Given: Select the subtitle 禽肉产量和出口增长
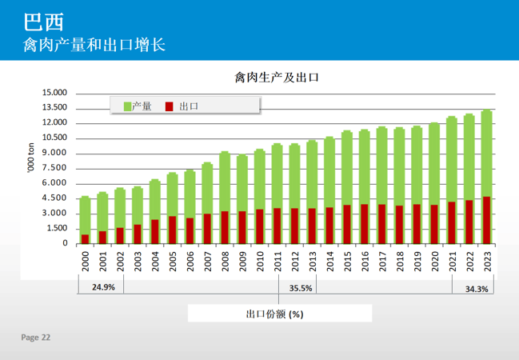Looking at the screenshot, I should (x=94, y=44).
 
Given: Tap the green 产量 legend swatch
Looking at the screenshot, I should (x=127, y=106).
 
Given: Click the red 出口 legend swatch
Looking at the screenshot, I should (x=169, y=106).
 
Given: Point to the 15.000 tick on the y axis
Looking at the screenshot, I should (x=55, y=93).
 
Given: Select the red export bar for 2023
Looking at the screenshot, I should (x=486, y=220).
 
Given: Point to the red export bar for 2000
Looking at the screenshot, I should (x=86, y=238).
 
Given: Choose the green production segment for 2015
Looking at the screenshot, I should (x=347, y=168).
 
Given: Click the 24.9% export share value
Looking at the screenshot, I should (x=103, y=287).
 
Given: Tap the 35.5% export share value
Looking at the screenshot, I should (x=301, y=287).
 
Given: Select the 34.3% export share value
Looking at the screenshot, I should (x=477, y=289).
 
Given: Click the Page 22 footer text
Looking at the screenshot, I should (x=35, y=338).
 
